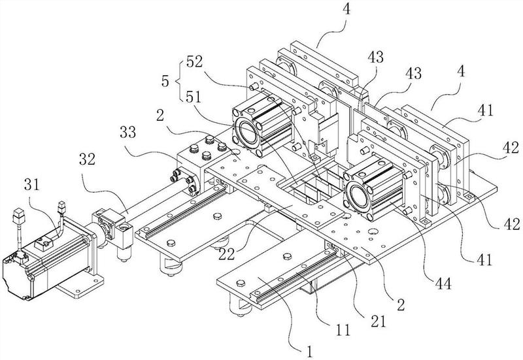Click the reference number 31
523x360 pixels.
32,184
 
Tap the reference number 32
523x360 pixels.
87,159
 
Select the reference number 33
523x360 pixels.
127,133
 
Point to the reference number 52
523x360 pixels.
194,62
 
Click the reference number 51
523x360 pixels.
194,97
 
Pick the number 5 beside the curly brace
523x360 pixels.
165,81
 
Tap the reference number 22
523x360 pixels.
227,254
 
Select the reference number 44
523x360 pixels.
443,284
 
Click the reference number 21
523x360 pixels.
379,321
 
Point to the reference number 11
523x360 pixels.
343,330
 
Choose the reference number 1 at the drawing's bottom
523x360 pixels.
310,352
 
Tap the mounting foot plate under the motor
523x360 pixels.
80,286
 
